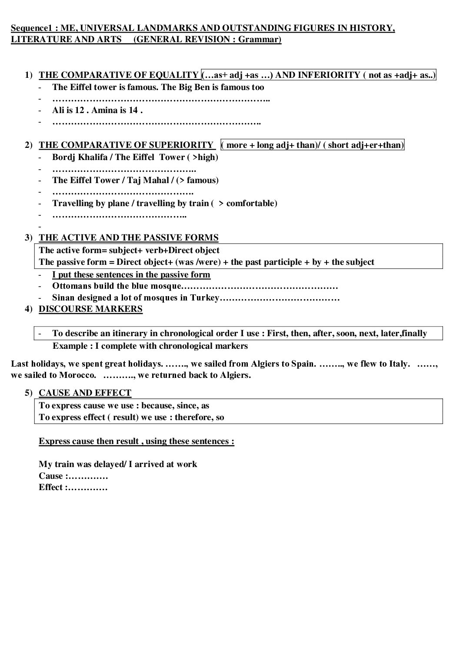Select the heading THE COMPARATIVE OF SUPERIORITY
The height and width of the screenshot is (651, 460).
pos(126,145)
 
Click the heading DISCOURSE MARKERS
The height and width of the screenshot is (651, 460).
pos(90,309)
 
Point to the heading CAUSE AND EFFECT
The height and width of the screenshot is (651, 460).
pos(85,393)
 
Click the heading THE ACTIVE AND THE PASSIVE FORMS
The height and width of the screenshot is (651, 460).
pos(129,237)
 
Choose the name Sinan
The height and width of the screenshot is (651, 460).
pos(63,298)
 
